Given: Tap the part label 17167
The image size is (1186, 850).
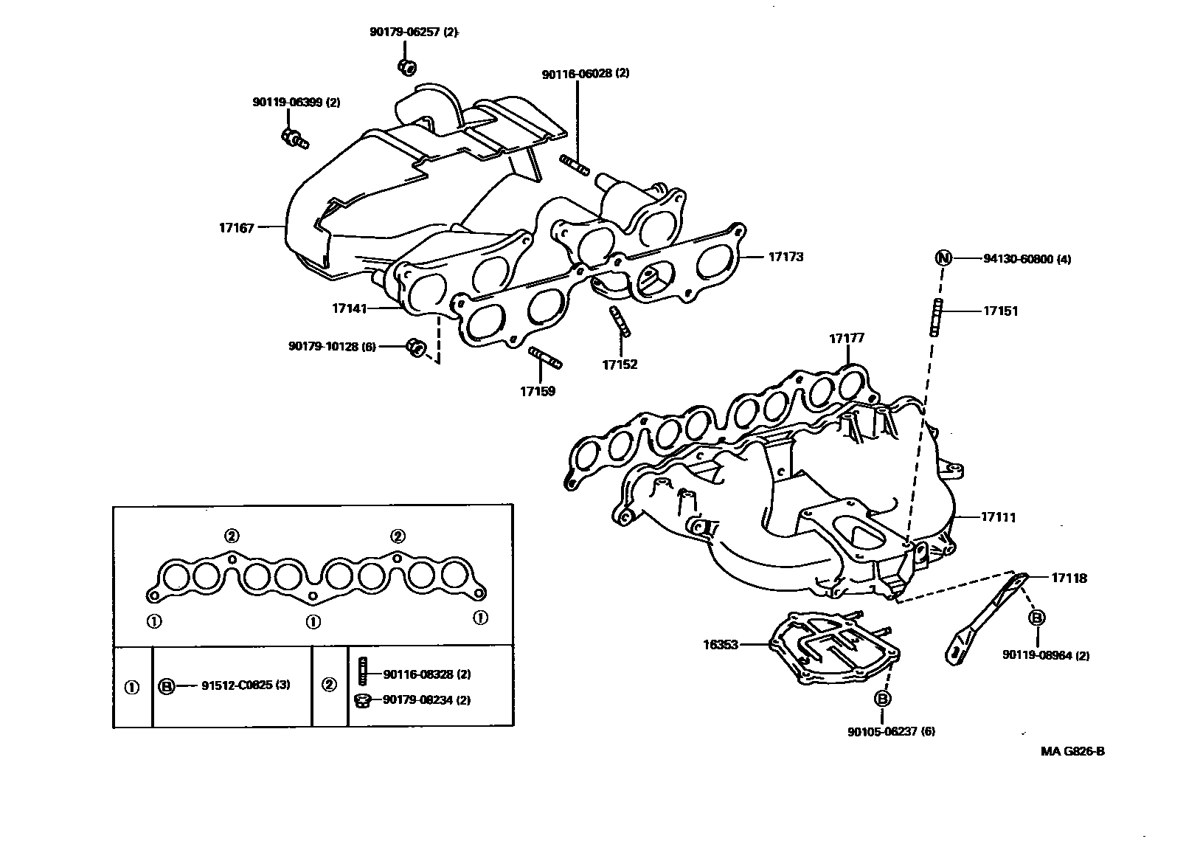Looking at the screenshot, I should pyautogui.click(x=236, y=228).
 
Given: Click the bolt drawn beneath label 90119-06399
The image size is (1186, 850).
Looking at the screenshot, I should pyautogui.click(x=294, y=138).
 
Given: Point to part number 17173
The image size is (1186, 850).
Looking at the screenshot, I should pyautogui.click(x=786, y=257).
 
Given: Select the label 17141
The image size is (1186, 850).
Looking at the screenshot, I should pyautogui.click(x=350, y=308).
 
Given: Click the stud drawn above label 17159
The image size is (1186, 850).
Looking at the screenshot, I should pyautogui.click(x=545, y=359).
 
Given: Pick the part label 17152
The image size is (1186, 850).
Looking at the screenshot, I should pyautogui.click(x=620, y=364).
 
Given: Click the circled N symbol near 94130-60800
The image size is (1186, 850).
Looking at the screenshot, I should pyautogui.click(x=943, y=258).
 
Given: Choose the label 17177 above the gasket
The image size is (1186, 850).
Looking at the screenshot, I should pyautogui.click(x=847, y=339).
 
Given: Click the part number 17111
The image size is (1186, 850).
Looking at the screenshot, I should pyautogui.click(x=998, y=517).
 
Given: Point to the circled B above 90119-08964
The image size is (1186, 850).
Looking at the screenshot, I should pyautogui.click(x=1036, y=618).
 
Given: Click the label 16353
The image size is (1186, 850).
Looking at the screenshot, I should pyautogui.click(x=721, y=644).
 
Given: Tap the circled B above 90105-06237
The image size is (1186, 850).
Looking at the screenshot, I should pyautogui.click(x=881, y=699).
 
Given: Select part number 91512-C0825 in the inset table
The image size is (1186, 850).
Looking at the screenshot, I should pyautogui.click(x=245, y=685).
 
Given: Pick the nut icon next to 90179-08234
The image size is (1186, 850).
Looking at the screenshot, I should pyautogui.click(x=362, y=700).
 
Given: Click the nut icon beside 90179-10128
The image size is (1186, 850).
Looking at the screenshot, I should pyautogui.click(x=415, y=347).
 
